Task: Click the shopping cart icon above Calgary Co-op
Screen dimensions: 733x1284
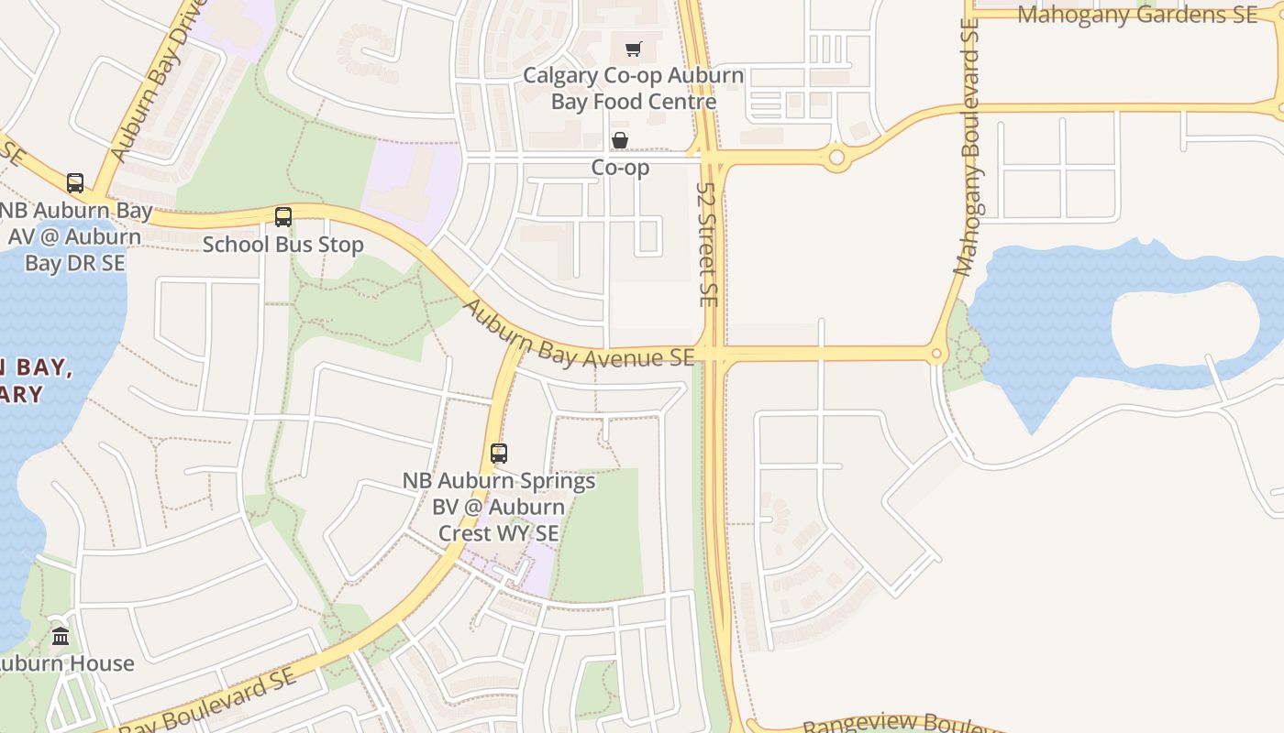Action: coord(634,49)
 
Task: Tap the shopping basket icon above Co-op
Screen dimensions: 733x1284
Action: coord(620,140)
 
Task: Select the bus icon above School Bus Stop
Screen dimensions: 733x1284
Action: coord(283,217)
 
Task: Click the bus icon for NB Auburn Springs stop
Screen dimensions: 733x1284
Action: coord(499,453)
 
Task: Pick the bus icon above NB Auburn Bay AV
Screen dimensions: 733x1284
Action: coord(75,183)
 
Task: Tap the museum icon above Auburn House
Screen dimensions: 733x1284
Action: coord(61,636)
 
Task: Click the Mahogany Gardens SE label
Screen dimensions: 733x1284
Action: coord(1137,15)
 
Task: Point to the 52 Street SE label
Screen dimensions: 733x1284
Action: coord(706,244)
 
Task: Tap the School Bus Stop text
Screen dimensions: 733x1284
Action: coord(282,245)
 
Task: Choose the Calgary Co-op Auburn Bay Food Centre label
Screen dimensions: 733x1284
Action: coord(633,88)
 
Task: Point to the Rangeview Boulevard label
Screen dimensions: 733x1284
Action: coord(899,724)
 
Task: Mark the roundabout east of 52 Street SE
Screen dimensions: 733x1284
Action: coord(836,159)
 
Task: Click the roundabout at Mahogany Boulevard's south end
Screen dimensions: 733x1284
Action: coord(936,354)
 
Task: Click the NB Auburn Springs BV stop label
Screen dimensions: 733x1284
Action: coord(500,506)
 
